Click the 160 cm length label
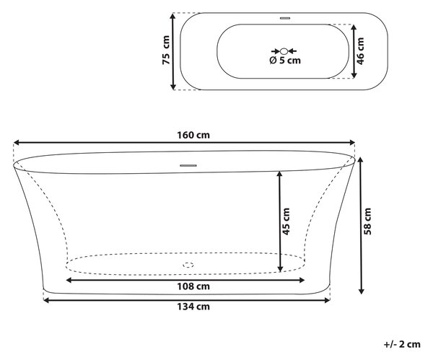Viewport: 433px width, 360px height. (193, 136)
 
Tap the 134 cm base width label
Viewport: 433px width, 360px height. (193, 307)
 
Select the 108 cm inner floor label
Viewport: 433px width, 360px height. (193, 286)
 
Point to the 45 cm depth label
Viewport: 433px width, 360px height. (286, 221)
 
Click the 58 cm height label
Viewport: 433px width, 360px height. (367, 221)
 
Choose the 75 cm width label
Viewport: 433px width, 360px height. (166, 51)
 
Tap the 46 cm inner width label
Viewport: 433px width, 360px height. (361, 51)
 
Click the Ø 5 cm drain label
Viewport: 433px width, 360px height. (285, 60)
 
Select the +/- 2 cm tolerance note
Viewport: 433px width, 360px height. (402, 344)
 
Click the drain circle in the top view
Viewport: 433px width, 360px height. (284, 51)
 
